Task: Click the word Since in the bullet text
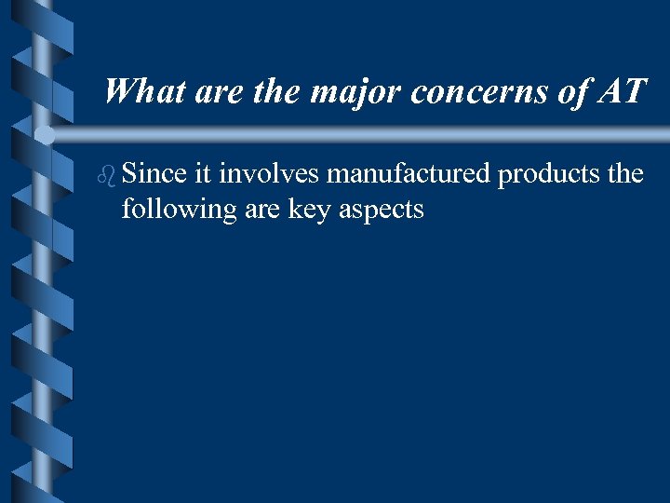[x=154, y=174]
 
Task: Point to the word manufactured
[x=408, y=174]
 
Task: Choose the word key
[x=314, y=211]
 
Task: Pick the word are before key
[x=263, y=211]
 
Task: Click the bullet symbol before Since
[x=108, y=174]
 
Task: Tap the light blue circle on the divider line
[x=45, y=133]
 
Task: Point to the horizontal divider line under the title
[x=372, y=136]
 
